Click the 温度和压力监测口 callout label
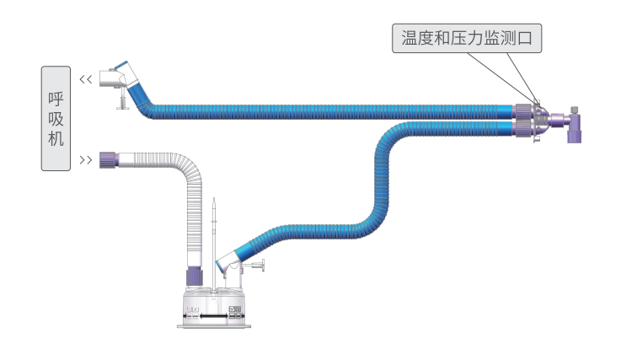[465, 38]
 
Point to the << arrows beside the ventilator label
[84, 79]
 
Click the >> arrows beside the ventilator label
[84, 159]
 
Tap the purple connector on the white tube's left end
[107, 158]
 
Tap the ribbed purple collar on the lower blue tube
[523, 128]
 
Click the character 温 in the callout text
[410, 38]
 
